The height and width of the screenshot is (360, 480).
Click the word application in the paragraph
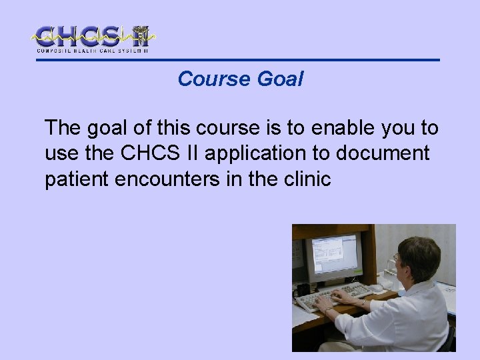267,154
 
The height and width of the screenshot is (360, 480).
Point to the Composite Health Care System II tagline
92,51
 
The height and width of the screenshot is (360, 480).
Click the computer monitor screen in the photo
333,255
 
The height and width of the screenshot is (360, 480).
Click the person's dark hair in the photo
421,257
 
